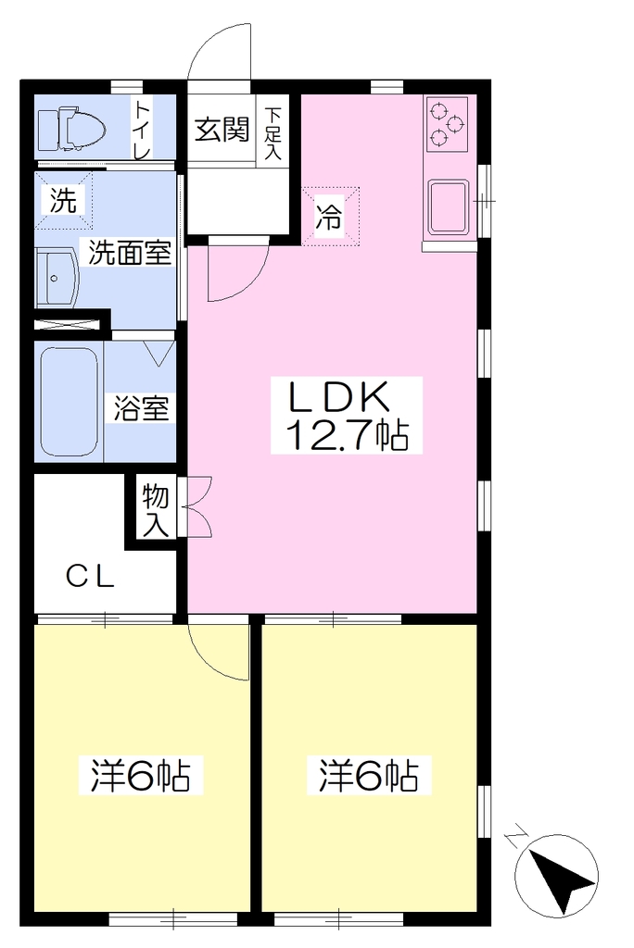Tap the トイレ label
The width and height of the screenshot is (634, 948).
point(143,130)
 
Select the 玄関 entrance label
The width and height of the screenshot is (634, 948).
point(222,130)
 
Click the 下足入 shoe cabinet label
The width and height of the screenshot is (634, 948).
point(273,133)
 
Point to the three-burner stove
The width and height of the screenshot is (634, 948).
point(447,124)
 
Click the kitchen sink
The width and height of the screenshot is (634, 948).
point(448,206)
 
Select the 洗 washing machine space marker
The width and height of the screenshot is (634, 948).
point(64,201)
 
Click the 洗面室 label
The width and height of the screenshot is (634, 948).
point(130,252)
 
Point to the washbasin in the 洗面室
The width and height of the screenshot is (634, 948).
point(57,279)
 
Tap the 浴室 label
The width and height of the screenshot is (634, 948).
point(142,408)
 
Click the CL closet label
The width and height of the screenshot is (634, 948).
point(90,577)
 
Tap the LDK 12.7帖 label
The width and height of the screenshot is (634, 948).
point(346,416)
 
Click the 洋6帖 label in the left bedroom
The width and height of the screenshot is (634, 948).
point(141,775)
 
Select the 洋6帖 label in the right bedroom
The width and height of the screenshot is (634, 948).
point(369,775)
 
